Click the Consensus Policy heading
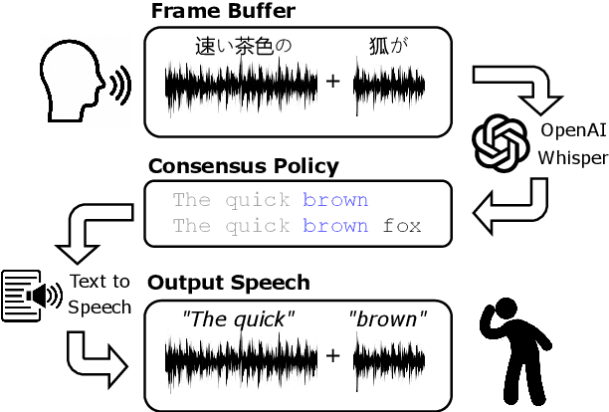[243, 165]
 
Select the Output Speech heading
[229, 283]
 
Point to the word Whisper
[571, 156]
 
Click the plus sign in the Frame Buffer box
[332, 81]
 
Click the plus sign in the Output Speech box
[332, 355]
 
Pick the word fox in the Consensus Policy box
[402, 226]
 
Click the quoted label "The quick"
[238, 320]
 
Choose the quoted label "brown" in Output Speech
[388, 320]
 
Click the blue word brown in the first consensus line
[335, 200]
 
